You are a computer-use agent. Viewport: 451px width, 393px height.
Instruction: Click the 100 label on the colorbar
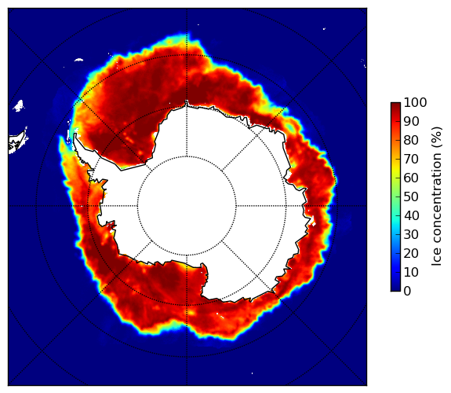coord(415,102)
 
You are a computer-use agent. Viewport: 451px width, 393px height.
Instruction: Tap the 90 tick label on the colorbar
coord(411,121)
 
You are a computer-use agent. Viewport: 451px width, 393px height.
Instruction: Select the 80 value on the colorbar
coord(411,140)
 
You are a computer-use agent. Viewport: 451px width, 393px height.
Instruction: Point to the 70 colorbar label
coord(411,159)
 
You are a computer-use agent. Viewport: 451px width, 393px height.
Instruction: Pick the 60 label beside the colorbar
coord(411,178)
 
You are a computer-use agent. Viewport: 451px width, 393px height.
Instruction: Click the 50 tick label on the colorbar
coord(411,196)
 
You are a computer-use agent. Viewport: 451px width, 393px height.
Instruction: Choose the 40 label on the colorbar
coord(411,215)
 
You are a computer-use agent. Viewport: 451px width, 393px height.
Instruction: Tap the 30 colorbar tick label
coord(411,234)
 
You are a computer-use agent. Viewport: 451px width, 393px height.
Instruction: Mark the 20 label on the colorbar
coord(411,253)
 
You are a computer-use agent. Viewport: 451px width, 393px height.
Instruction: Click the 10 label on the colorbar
coord(411,272)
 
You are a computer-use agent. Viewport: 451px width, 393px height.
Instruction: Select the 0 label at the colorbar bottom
coord(408,291)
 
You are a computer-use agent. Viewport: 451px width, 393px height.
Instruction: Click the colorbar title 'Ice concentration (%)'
coord(437,196)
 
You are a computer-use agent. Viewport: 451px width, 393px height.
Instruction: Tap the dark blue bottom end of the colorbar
coord(395,289)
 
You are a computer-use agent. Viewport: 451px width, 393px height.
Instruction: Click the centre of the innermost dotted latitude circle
coord(187,206)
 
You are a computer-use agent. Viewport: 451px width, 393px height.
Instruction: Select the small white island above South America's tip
coord(19,106)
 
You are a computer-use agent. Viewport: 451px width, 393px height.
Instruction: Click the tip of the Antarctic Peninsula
coord(75,134)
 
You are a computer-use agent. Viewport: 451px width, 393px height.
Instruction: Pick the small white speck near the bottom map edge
coord(253,373)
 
